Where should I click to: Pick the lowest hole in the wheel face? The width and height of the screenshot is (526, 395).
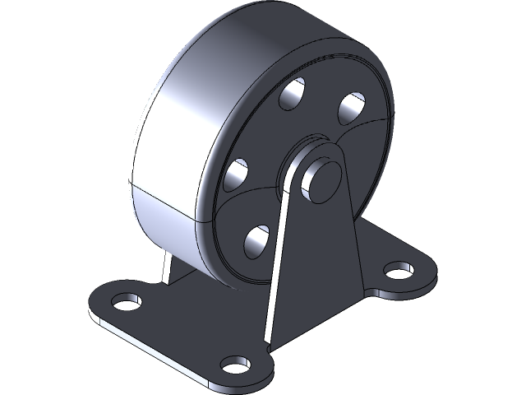tap(257, 239)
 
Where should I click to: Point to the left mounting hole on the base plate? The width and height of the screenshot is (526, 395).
tap(124, 302)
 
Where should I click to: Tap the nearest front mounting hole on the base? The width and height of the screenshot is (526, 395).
tap(236, 363)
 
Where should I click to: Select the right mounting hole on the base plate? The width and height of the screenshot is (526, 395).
tap(398, 269)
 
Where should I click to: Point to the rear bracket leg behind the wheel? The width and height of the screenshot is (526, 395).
tap(168, 267)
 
